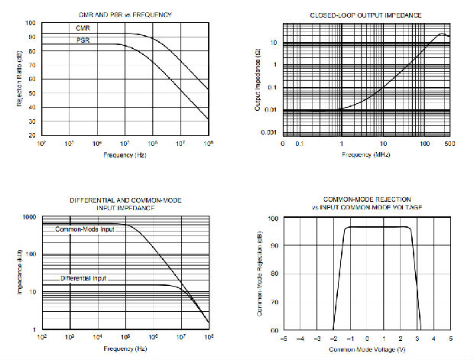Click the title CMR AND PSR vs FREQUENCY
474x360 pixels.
(125, 15)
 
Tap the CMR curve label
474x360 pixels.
(83, 29)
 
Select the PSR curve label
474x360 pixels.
(83, 40)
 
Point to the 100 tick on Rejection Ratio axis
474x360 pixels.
(31, 24)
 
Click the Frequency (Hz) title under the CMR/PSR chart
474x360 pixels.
(125, 155)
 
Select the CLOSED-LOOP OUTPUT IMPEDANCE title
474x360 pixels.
(366, 15)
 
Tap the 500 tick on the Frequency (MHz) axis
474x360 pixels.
(448, 143)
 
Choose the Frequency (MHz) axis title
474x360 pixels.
(365, 154)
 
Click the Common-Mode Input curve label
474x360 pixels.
(84, 229)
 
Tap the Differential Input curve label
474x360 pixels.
(83, 279)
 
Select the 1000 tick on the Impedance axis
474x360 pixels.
(29, 218)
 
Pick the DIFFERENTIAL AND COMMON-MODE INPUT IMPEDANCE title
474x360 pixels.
(125, 203)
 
